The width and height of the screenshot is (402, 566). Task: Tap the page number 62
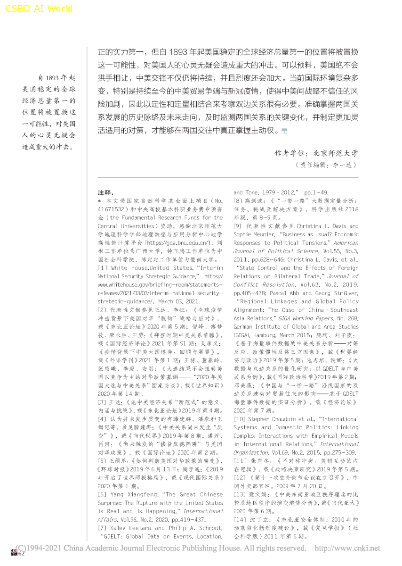pyautogui.click(x=21, y=554)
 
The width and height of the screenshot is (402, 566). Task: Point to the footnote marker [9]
pyautogui.click(x=239, y=226)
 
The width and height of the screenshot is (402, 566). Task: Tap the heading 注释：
pyautogui.click(x=106, y=192)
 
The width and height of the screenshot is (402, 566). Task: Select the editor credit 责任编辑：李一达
pyautogui.click(x=325, y=165)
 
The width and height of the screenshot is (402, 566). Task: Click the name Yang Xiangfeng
pyautogui.click(x=136, y=494)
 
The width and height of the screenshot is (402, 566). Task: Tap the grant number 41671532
pyautogui.click(x=113, y=209)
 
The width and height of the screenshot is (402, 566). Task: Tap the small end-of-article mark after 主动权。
pyautogui.click(x=284, y=131)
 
